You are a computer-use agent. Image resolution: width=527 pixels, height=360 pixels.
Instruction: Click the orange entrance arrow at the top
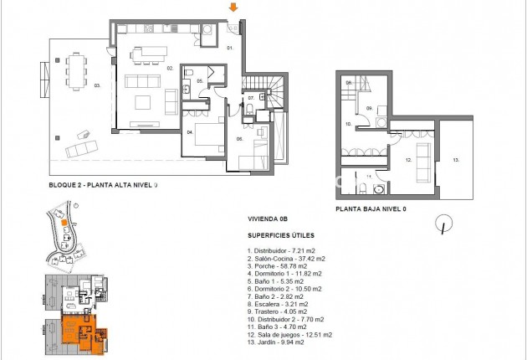point(234,8)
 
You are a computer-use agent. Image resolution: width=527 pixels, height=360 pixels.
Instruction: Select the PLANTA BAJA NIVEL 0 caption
point(371,209)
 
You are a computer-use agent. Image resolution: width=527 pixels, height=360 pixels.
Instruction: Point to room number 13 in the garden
point(455,159)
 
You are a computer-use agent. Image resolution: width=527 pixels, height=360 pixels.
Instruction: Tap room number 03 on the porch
point(97,85)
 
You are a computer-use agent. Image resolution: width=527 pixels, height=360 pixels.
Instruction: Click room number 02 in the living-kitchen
point(169,68)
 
